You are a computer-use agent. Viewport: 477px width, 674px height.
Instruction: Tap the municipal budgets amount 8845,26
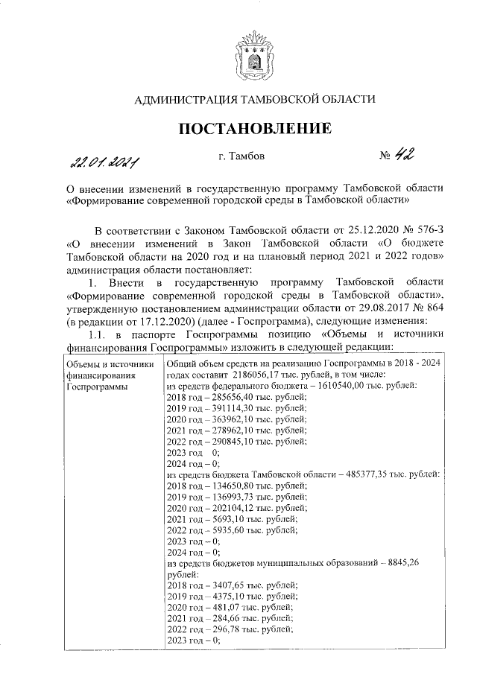click(402, 562)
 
